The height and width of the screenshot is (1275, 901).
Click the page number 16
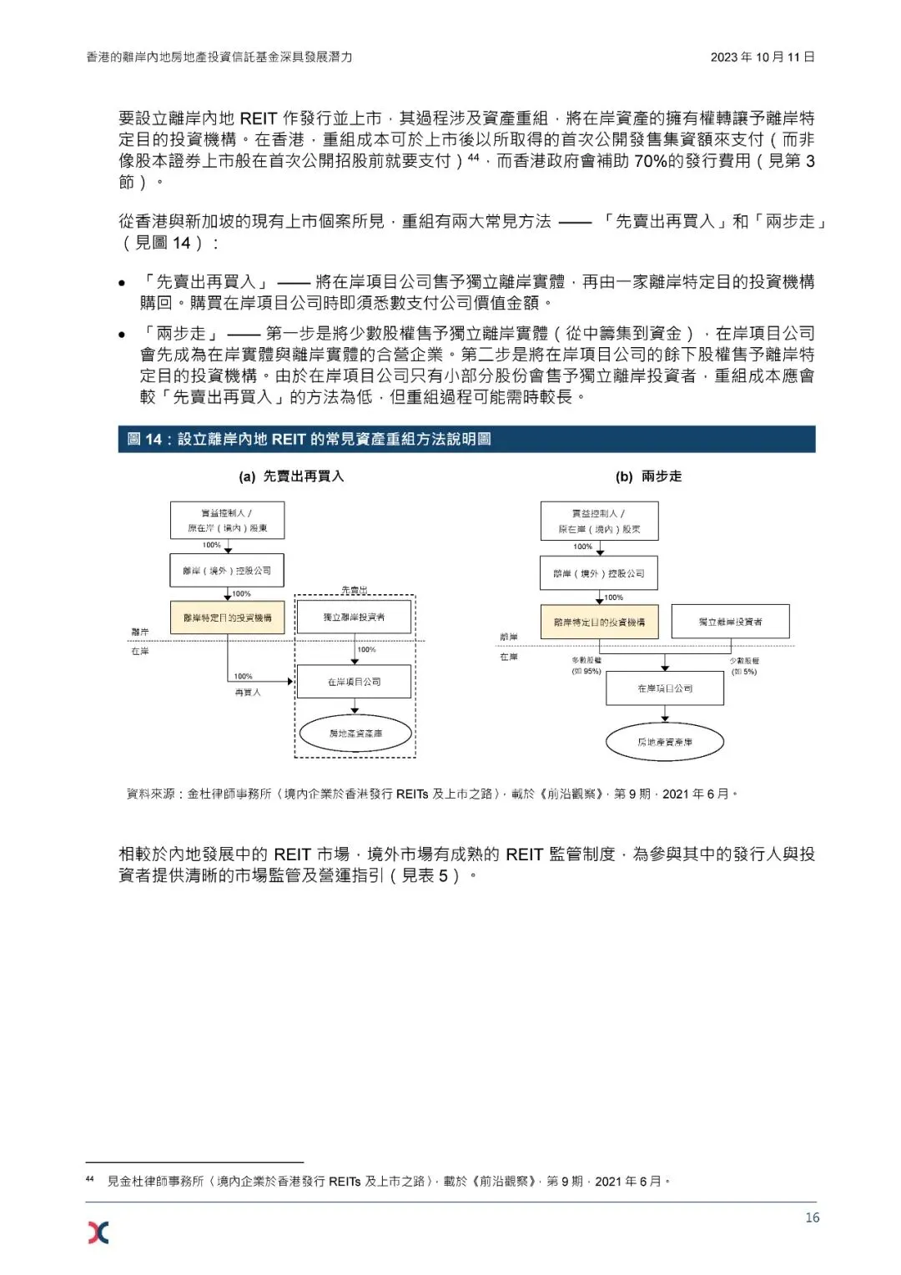(x=812, y=1217)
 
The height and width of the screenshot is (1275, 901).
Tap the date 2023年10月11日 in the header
(x=763, y=57)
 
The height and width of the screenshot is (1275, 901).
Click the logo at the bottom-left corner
(x=98, y=1232)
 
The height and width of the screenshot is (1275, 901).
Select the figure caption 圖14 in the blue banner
(x=309, y=439)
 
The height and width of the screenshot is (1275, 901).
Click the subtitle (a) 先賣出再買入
(x=291, y=476)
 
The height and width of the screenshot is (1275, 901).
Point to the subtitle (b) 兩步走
(x=648, y=476)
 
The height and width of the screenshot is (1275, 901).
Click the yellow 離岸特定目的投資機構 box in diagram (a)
(x=228, y=617)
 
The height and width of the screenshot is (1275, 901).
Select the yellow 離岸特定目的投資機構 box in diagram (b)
(x=599, y=622)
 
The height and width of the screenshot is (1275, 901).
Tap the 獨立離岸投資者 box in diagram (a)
(x=354, y=617)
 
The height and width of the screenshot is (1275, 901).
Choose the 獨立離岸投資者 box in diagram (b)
(x=730, y=622)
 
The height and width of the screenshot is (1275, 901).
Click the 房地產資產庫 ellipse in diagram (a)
(x=355, y=733)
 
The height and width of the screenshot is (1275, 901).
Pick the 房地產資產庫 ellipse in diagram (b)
(x=664, y=742)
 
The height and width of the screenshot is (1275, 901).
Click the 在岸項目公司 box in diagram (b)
(x=664, y=688)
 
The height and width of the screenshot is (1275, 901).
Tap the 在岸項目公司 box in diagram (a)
(x=354, y=682)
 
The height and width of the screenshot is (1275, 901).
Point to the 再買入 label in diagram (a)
(x=248, y=693)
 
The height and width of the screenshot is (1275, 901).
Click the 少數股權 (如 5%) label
(x=743, y=666)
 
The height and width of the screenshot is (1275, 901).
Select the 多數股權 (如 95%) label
(x=586, y=666)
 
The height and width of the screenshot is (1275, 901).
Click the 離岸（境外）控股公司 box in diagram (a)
(x=227, y=571)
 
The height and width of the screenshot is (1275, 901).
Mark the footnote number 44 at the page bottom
(x=90, y=1179)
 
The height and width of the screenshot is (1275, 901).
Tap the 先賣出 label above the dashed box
(x=354, y=591)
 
